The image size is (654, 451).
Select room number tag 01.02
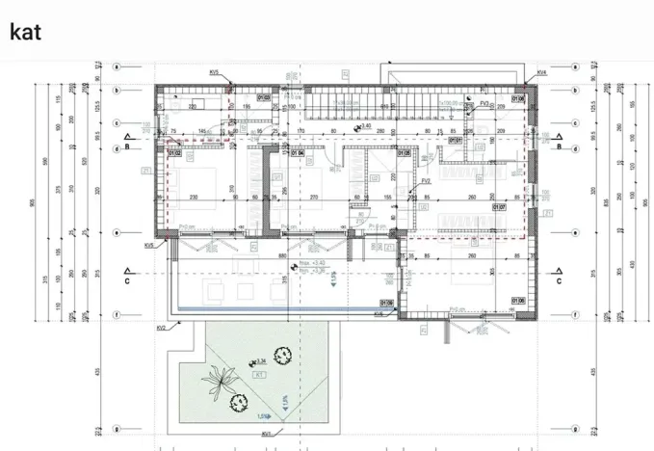[x=175, y=151]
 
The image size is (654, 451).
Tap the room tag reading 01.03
[x=263, y=97]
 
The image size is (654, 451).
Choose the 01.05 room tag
[x=402, y=152]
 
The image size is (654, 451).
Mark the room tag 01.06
[x=518, y=301]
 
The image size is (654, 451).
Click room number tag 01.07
[x=499, y=205]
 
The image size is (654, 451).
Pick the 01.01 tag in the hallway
[x=456, y=141]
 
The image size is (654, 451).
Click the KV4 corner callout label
[x=542, y=72]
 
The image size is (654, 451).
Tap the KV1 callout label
[x=265, y=434]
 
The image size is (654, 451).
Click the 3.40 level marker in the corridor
[x=364, y=126]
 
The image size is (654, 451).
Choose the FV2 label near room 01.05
[x=425, y=180]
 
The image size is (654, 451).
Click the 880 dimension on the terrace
[x=281, y=257]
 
